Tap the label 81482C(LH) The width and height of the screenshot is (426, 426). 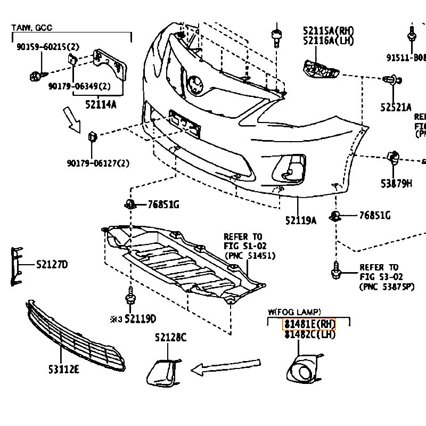pos(310,334)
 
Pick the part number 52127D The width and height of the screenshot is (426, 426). pos(52,265)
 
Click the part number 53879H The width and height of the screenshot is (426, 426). pos(396,184)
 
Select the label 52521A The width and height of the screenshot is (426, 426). pos(396,107)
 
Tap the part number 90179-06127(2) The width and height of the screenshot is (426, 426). pos(98,163)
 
